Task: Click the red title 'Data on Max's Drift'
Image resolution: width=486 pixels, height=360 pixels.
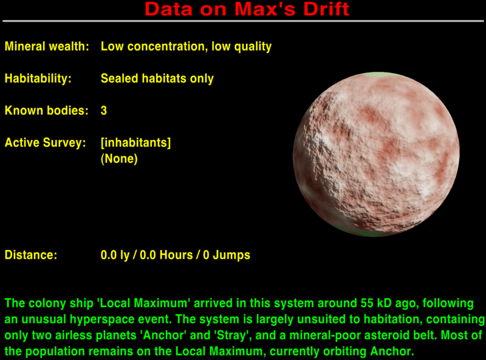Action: tap(247, 9)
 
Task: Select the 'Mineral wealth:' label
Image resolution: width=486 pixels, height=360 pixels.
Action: tap(47, 46)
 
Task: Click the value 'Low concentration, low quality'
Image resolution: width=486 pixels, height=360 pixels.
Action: tap(186, 46)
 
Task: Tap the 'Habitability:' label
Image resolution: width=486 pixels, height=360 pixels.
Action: tap(38, 78)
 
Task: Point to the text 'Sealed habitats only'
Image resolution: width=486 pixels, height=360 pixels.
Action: tap(157, 78)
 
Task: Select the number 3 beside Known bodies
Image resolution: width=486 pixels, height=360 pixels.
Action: tap(104, 111)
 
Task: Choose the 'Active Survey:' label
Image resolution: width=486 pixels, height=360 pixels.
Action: tap(43, 143)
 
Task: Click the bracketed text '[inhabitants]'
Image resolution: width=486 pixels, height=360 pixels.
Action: tap(135, 143)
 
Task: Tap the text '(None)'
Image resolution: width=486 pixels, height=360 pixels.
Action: tap(119, 159)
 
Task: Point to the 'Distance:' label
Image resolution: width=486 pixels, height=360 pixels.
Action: tap(31, 255)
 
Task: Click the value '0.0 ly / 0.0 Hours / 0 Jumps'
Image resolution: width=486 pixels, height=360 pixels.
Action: tap(176, 255)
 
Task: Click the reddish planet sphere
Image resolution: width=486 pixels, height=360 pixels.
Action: tap(376, 155)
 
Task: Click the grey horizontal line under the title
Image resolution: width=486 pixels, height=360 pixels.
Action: tap(243, 21)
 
